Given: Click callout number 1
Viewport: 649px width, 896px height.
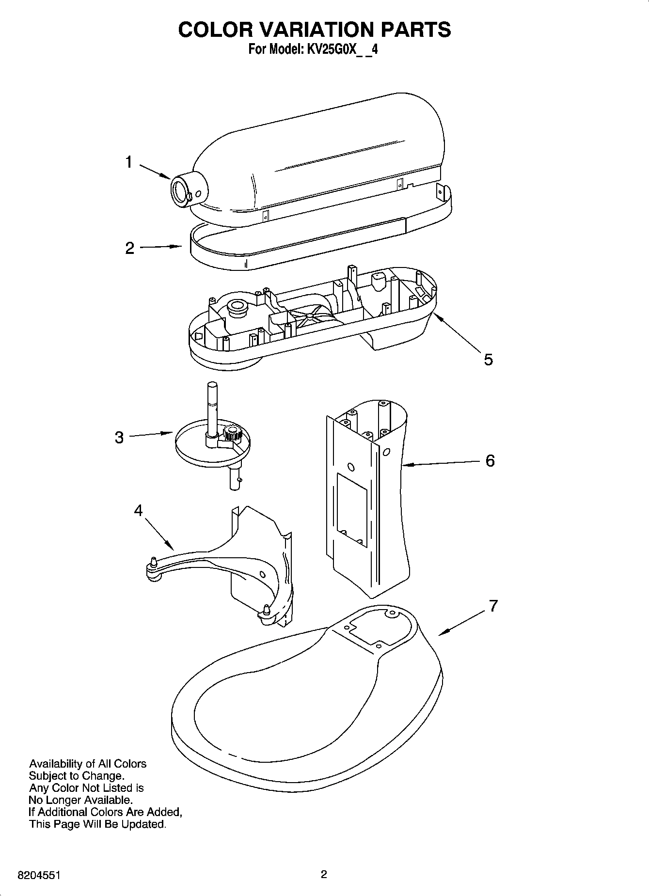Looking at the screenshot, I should pyautogui.click(x=128, y=162).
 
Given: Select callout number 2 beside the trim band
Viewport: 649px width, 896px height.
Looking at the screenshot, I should pyautogui.click(x=130, y=248).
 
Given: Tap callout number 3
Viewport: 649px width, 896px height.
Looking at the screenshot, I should pyautogui.click(x=119, y=438).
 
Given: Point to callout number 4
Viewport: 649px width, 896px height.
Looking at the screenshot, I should pyautogui.click(x=139, y=510).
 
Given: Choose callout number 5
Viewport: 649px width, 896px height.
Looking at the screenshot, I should pyautogui.click(x=488, y=360).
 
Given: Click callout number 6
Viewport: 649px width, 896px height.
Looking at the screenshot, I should pyautogui.click(x=490, y=460).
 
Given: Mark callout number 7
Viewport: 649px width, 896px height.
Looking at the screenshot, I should pyautogui.click(x=493, y=606).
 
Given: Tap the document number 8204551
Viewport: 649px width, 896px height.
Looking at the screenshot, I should pyautogui.click(x=39, y=876).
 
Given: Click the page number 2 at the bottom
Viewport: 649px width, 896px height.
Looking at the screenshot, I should pyautogui.click(x=324, y=875).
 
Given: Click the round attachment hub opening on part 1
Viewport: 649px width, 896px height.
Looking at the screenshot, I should pyautogui.click(x=178, y=192).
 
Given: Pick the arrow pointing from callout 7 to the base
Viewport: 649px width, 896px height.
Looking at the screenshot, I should pyautogui.click(x=460, y=623).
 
